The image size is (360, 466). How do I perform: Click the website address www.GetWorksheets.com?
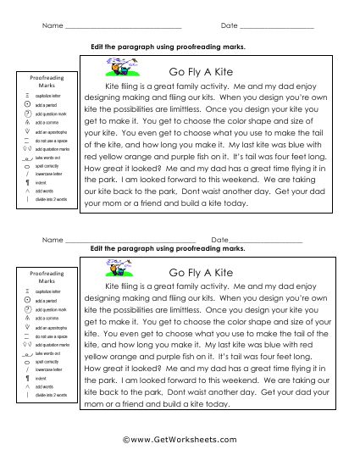[x=180, y=441]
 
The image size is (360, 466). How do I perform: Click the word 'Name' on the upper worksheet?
[x=52, y=27]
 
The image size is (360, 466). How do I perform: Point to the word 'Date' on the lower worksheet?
[x=220, y=241]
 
